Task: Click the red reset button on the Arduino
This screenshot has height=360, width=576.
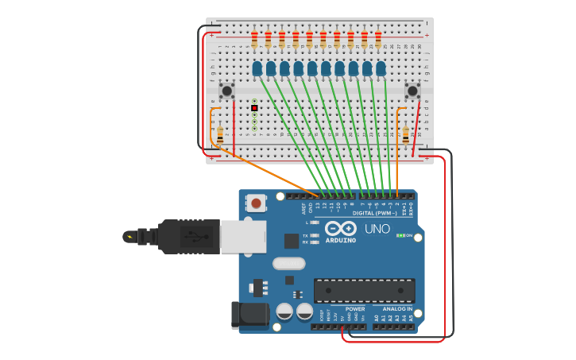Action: pyautogui.click(x=256, y=203)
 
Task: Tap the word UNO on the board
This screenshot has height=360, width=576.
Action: pyautogui.click(x=377, y=229)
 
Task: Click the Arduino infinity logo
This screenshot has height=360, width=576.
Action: pyautogui.click(x=341, y=228)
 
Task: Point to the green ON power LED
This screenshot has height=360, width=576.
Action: pyautogui.click(x=400, y=235)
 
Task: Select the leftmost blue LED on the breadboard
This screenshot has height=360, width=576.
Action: pyautogui.click(x=257, y=68)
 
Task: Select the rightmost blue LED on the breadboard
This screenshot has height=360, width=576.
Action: pyautogui.click(x=381, y=68)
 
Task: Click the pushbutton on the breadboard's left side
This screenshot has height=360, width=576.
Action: pyautogui.click(x=226, y=91)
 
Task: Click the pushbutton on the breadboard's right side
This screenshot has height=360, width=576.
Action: pyautogui.click(x=412, y=91)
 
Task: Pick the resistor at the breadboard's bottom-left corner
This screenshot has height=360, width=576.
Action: pyautogui.click(x=220, y=136)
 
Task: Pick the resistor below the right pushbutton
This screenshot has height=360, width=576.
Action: pyautogui.click(x=406, y=136)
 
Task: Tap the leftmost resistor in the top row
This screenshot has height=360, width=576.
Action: pyautogui.click(x=254, y=38)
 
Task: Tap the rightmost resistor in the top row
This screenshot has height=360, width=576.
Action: pyautogui.click(x=378, y=38)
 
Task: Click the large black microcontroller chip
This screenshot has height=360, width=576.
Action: pyautogui.click(x=364, y=290)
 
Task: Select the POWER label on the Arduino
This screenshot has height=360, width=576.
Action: pyautogui.click(x=355, y=309)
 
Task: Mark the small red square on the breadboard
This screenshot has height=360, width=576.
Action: pyautogui.click(x=254, y=108)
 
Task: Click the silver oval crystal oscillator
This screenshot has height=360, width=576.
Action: pyautogui.click(x=288, y=263)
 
